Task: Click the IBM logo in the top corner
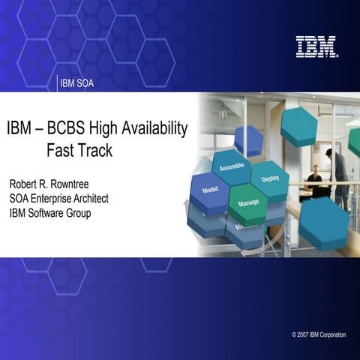pos(316,46)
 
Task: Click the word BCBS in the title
pos(75,128)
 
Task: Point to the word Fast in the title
pos(61,150)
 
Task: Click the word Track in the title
pos(96,150)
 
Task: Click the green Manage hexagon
pos(248,203)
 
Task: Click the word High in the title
pos(109,128)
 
